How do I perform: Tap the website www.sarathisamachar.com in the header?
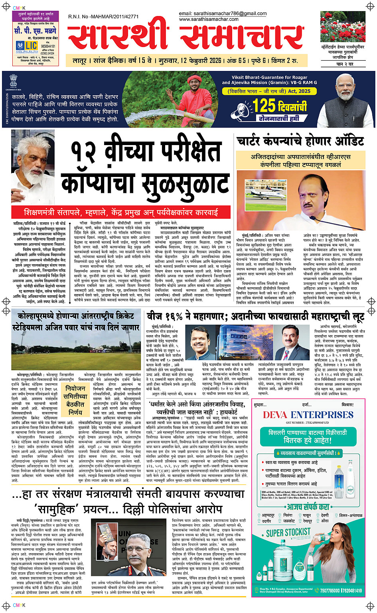[x=209, y=19]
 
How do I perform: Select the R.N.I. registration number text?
[x=103, y=17]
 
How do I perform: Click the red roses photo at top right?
[x=342, y=27]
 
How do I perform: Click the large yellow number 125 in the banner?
[x=264, y=106]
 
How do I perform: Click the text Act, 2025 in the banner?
[x=299, y=91]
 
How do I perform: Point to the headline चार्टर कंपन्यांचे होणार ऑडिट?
[x=300, y=141]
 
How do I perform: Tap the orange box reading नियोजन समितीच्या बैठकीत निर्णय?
[x=75, y=400]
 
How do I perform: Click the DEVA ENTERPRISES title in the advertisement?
[x=308, y=415]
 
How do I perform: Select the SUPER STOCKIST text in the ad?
[x=288, y=532]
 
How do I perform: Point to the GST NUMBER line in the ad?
[x=308, y=422]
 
